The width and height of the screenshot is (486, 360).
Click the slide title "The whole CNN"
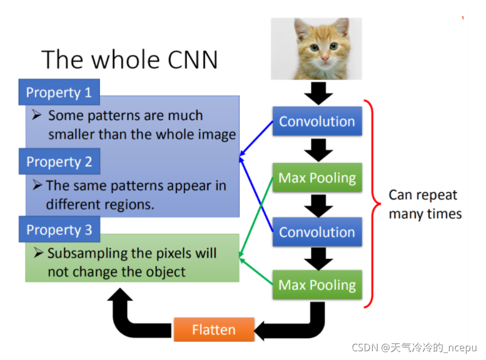click(129, 60)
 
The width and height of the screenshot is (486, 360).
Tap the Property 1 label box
click(59, 93)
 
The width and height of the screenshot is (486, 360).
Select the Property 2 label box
click(59, 162)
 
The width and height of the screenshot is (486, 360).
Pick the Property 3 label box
click(59, 230)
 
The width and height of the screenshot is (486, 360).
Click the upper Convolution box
click(316, 121)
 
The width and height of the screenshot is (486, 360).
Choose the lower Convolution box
click(316, 232)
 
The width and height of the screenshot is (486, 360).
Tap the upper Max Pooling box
click(316, 177)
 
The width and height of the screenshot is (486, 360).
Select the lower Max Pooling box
click(316, 285)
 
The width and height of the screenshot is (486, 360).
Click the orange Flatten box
click(213, 329)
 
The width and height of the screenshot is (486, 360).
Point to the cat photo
click(316, 49)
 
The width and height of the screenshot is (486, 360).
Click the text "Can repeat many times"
click(425, 204)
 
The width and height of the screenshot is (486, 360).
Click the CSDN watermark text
click(413, 347)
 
